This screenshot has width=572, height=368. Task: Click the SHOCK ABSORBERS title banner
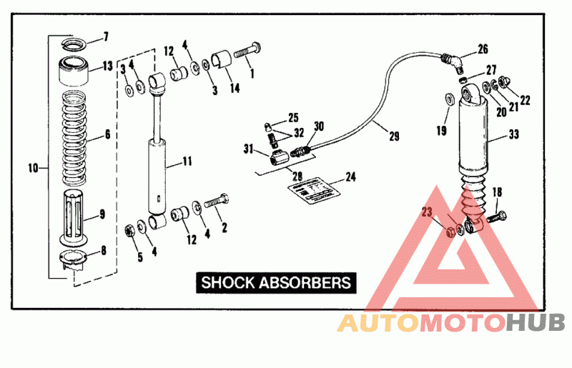[276, 282]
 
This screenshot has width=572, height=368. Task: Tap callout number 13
[107, 66]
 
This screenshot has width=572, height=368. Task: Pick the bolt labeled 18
[498, 214]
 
